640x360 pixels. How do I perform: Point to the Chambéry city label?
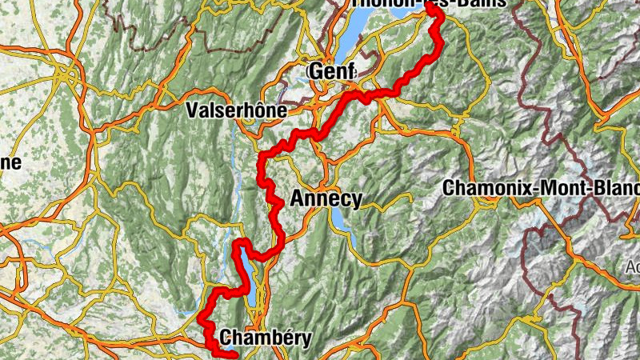[x=264, y=338]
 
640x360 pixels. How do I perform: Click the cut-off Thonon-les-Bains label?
[x=428, y=3]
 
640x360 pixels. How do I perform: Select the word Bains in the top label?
[x=481, y=3]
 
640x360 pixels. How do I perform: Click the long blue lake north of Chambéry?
[x=249, y=280]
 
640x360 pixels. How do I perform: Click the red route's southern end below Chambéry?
[x=235, y=355]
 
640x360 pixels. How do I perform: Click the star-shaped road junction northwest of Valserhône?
[x=70, y=77]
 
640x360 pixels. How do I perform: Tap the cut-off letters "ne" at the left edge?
[x=10, y=163]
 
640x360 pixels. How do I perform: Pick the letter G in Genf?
[x=315, y=72]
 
